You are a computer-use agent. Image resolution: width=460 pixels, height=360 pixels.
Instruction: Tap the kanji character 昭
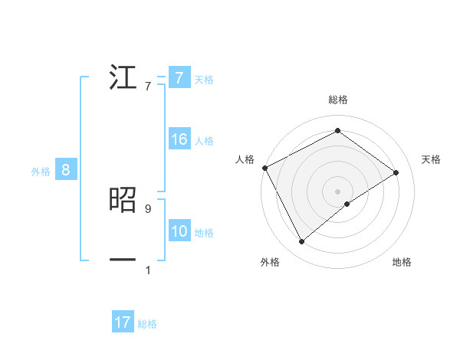tap(123, 200)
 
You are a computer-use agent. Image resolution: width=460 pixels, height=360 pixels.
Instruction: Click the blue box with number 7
tap(179, 78)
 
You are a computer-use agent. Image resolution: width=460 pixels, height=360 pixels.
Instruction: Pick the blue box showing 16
tap(179, 139)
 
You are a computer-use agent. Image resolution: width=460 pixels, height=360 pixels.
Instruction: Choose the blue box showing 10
tap(179, 231)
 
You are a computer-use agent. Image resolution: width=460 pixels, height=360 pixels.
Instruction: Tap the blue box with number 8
tap(65, 170)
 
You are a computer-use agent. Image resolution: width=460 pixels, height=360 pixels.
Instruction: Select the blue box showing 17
tap(122, 322)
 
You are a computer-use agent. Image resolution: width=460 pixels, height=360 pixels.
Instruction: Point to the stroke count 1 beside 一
tap(148, 270)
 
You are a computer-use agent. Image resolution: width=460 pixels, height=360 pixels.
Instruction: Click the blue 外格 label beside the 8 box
tap(41, 172)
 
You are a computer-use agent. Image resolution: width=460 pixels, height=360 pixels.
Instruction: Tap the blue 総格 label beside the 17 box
tap(147, 324)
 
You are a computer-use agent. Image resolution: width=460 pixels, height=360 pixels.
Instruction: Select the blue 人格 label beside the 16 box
tap(204, 141)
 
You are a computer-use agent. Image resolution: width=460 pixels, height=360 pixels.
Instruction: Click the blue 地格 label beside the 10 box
tap(204, 233)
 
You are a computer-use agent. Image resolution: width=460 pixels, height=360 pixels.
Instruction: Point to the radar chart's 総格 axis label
tap(338, 100)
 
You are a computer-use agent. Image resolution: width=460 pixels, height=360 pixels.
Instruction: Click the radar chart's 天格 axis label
tap(432, 159)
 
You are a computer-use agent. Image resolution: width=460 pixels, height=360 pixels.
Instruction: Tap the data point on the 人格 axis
tap(264, 167)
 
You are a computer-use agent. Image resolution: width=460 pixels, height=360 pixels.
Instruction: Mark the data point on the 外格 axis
tap(301, 242)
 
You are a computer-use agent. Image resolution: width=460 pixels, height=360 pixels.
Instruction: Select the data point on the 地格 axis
tap(347, 204)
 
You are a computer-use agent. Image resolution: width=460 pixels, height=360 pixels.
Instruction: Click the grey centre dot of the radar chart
tap(337, 191)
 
